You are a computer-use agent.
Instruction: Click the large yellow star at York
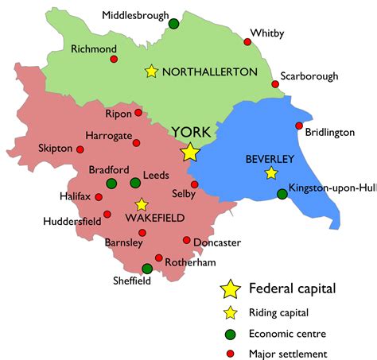coord(190,152)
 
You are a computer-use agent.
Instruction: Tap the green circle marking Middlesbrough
coord(173,24)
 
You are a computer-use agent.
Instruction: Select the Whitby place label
coord(268,33)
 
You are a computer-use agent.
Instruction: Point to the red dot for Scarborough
coord(275,84)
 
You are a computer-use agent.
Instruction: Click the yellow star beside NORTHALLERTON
coord(151,72)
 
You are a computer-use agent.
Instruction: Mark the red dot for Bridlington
coord(299,126)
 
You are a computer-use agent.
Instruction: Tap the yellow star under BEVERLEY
coord(271,173)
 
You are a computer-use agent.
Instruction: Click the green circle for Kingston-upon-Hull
coord(282,194)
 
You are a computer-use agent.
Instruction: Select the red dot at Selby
coord(194,184)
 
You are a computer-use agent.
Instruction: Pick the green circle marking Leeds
coord(134,184)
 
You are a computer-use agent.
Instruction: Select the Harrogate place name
coord(108,136)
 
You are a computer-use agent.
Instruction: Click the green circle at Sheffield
coord(146,269)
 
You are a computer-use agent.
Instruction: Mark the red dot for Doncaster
coord(187,240)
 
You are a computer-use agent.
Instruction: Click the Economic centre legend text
coord(288,333)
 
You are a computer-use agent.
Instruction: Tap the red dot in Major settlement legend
coord(230,354)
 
